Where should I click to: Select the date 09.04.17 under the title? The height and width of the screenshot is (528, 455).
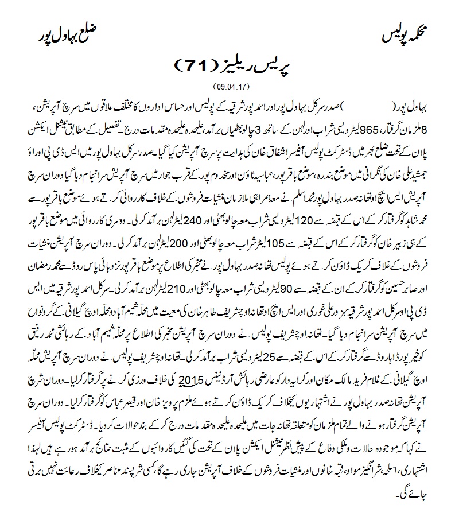228,87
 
